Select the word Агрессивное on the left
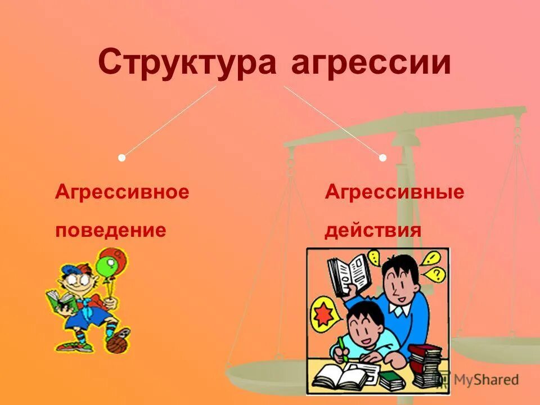[122, 192]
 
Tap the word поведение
[110, 230]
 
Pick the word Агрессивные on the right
[394, 192]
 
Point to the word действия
[373, 230]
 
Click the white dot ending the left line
[121, 158]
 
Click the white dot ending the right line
[382, 158]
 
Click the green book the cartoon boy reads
[61, 303]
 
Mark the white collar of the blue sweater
[400, 310]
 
